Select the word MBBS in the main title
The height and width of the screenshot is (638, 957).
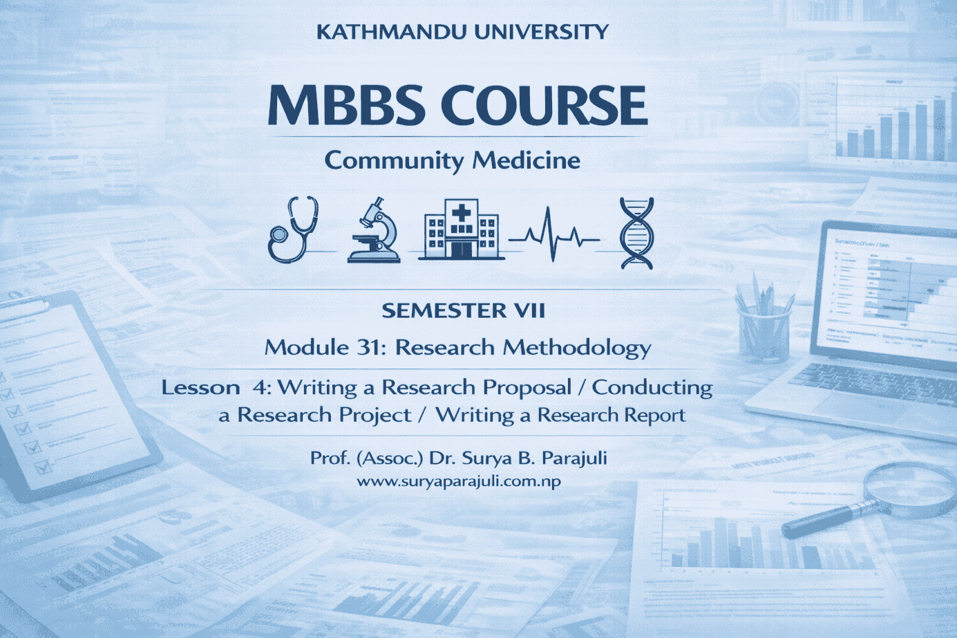[x=345, y=106]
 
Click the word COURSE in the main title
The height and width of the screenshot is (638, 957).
[x=543, y=106]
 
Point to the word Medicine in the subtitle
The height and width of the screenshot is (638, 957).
[x=526, y=160]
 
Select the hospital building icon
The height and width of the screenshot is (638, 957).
[x=462, y=230]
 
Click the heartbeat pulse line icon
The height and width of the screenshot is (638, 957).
[x=553, y=236]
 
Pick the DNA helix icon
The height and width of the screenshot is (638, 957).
[x=636, y=232]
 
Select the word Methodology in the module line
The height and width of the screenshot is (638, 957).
[x=577, y=347]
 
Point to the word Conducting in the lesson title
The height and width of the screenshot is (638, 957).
[x=652, y=387]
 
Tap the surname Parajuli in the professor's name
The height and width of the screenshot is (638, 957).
[x=574, y=458]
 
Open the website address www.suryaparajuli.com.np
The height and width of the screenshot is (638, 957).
[x=459, y=481]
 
